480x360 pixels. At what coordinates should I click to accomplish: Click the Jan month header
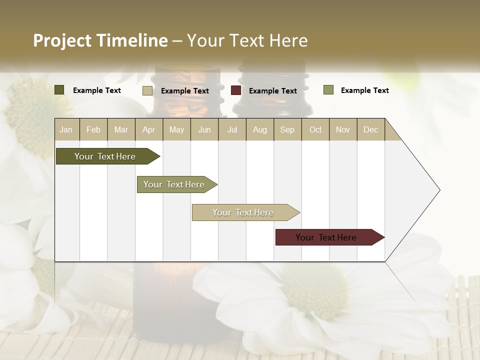coord(66,129)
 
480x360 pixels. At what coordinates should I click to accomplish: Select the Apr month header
coord(148,129)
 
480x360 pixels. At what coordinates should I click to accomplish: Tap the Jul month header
coord(232,129)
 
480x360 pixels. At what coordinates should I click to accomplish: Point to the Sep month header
coord(287,129)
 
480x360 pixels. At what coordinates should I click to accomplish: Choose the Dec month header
coord(370,129)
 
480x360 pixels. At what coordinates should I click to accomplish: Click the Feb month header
coord(93,129)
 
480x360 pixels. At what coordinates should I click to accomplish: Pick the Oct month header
coord(315,129)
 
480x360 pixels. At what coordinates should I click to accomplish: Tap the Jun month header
coord(204,129)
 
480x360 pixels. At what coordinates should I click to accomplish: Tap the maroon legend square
coord(236,90)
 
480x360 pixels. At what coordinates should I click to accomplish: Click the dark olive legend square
coord(59,90)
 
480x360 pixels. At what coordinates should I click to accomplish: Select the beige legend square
coord(147,90)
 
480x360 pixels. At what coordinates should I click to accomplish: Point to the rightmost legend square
coord(328,90)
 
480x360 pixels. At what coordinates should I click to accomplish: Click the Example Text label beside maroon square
coord(272,91)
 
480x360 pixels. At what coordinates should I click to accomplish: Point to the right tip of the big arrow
coord(439,190)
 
